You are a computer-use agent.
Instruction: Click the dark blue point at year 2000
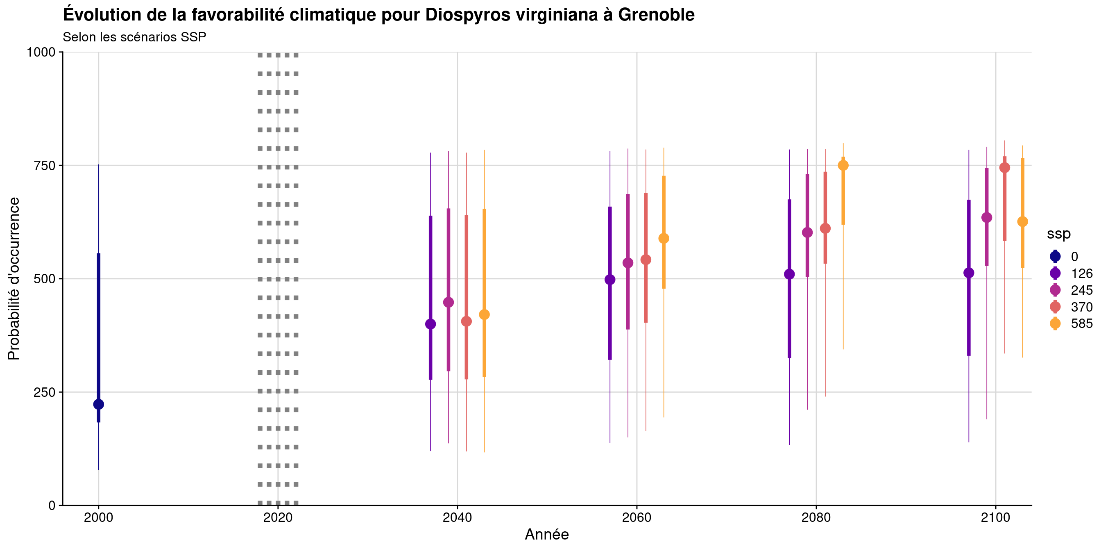[98, 404]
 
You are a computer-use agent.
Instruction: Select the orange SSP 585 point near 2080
[843, 166]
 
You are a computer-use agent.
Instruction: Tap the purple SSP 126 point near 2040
[430, 324]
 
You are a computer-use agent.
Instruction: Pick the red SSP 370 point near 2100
[1004, 168]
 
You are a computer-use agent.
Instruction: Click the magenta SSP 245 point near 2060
[628, 263]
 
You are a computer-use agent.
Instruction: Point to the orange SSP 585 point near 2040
[484, 314]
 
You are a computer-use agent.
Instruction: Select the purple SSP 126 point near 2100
[969, 273]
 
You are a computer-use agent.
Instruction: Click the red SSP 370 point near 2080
[825, 228]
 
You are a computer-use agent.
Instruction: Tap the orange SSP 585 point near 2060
[664, 238]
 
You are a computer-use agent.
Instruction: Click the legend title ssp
[1059, 234]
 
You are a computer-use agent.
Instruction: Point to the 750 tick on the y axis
[45, 166]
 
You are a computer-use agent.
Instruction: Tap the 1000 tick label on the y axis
[41, 52]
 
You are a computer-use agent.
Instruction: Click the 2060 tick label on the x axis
[637, 518]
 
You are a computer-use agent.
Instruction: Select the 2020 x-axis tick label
[278, 518]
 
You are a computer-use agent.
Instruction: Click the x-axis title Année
[547, 534]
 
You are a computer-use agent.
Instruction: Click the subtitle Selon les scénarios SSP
[134, 37]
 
